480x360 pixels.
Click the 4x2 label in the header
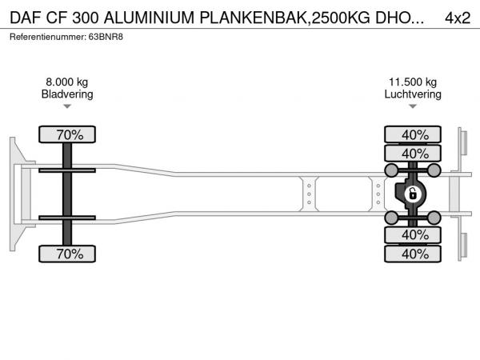[458, 18]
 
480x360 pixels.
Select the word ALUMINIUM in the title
[149, 18]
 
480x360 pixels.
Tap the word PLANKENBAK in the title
[254, 18]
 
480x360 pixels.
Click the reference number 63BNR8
[106, 37]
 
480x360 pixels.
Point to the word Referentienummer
[47, 37]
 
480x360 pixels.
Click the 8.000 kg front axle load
[67, 82]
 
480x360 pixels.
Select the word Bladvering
[67, 94]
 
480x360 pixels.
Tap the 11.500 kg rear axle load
[413, 82]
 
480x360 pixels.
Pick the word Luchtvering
[413, 94]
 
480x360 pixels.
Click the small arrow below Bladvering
[67, 106]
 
